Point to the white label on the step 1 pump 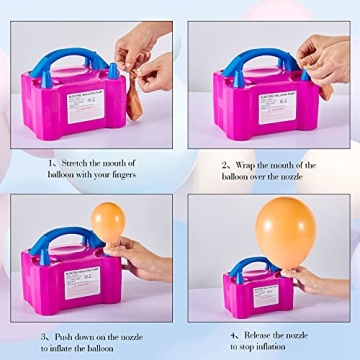(85, 108)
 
